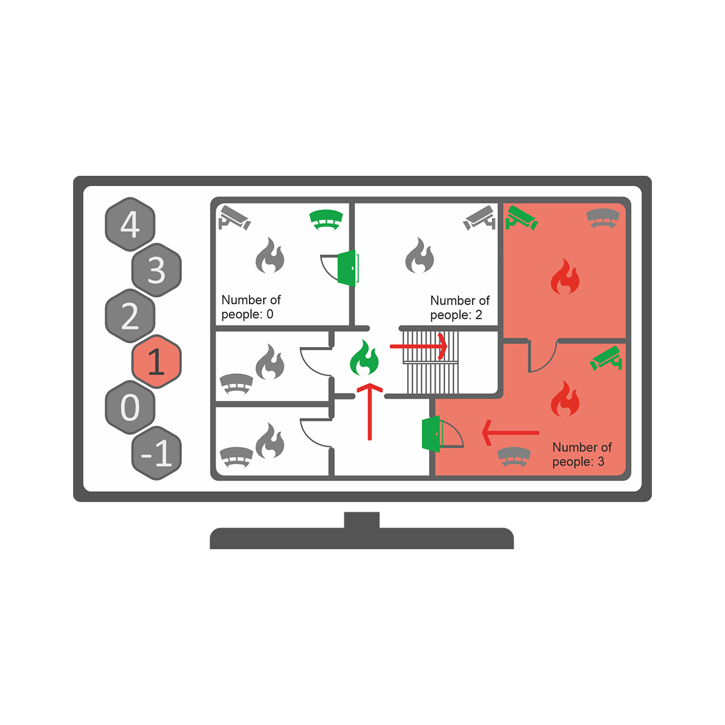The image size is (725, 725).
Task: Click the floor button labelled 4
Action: (130, 225)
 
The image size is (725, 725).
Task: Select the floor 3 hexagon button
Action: (156, 270)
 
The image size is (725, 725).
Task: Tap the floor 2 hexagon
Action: (130, 316)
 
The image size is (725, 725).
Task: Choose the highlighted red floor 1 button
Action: (156, 362)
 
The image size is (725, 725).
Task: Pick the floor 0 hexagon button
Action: (130, 407)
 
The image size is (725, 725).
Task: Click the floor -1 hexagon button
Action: (156, 453)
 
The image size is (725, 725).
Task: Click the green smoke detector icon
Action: (326, 219)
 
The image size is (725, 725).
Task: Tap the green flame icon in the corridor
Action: (364, 358)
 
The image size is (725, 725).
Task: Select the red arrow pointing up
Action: (370, 411)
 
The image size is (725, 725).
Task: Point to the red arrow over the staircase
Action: (418, 347)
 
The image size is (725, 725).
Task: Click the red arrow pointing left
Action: (510, 433)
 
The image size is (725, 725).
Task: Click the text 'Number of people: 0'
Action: (251, 307)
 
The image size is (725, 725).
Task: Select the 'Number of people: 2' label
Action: (459, 308)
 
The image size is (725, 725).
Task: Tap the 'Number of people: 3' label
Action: (581, 454)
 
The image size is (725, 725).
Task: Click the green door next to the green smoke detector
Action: (347, 268)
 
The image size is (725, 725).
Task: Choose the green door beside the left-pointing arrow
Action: (431, 433)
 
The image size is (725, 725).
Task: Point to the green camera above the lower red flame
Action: (607, 358)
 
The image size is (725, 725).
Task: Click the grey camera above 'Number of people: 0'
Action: (234, 218)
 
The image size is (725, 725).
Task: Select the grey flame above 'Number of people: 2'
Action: (419, 256)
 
